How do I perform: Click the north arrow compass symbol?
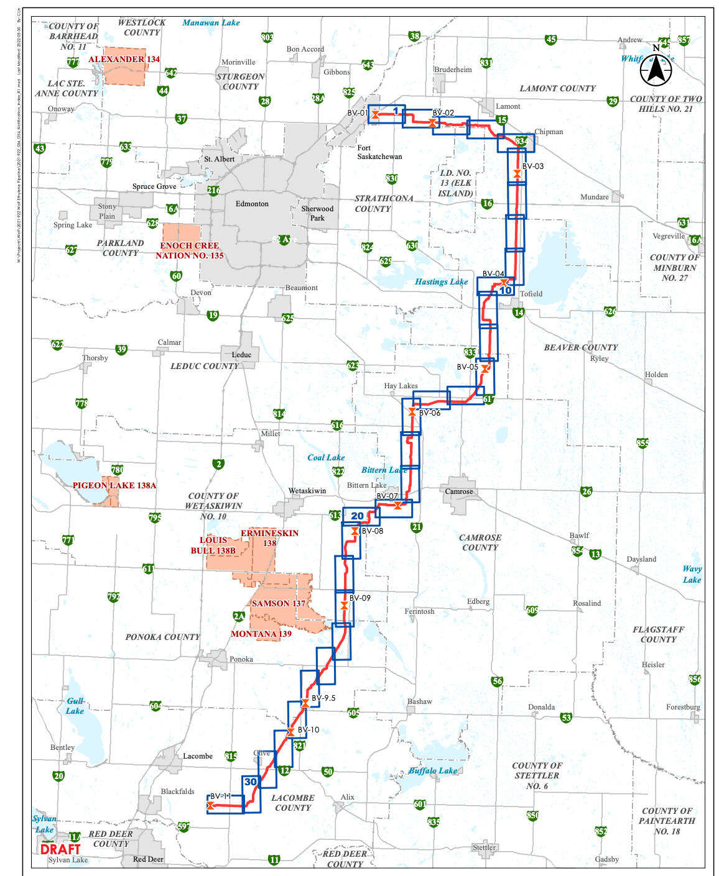[x=656, y=69]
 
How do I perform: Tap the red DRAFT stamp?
[x=60, y=849]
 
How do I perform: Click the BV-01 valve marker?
[x=375, y=114]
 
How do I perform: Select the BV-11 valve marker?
[x=210, y=806]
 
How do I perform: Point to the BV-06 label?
[x=429, y=413]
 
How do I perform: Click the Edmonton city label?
[x=252, y=204]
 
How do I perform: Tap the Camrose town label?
[x=459, y=491]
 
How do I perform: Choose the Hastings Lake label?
[x=441, y=281]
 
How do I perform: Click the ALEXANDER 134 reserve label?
[x=124, y=60]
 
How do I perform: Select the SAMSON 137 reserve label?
[x=279, y=603]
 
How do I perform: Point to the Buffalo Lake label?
[x=433, y=770]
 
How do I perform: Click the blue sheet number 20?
[x=357, y=516]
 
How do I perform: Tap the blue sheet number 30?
[x=251, y=782]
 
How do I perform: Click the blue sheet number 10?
[x=506, y=290]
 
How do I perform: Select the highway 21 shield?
[x=417, y=527]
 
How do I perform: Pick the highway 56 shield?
[x=497, y=681]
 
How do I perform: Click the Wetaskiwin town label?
[x=307, y=491]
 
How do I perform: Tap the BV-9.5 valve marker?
[x=305, y=703]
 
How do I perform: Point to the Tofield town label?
[x=531, y=294]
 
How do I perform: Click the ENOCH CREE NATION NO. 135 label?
[x=190, y=250]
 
